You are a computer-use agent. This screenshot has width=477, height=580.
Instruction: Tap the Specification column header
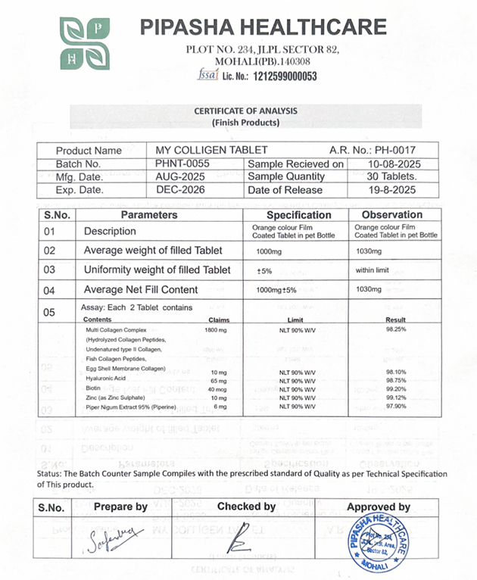tap(299, 215)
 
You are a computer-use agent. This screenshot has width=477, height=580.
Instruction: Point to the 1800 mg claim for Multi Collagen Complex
tap(217, 330)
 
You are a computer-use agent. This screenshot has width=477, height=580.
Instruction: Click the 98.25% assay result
tap(397, 330)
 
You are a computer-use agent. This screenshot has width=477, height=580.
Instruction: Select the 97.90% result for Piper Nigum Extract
tap(397, 407)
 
